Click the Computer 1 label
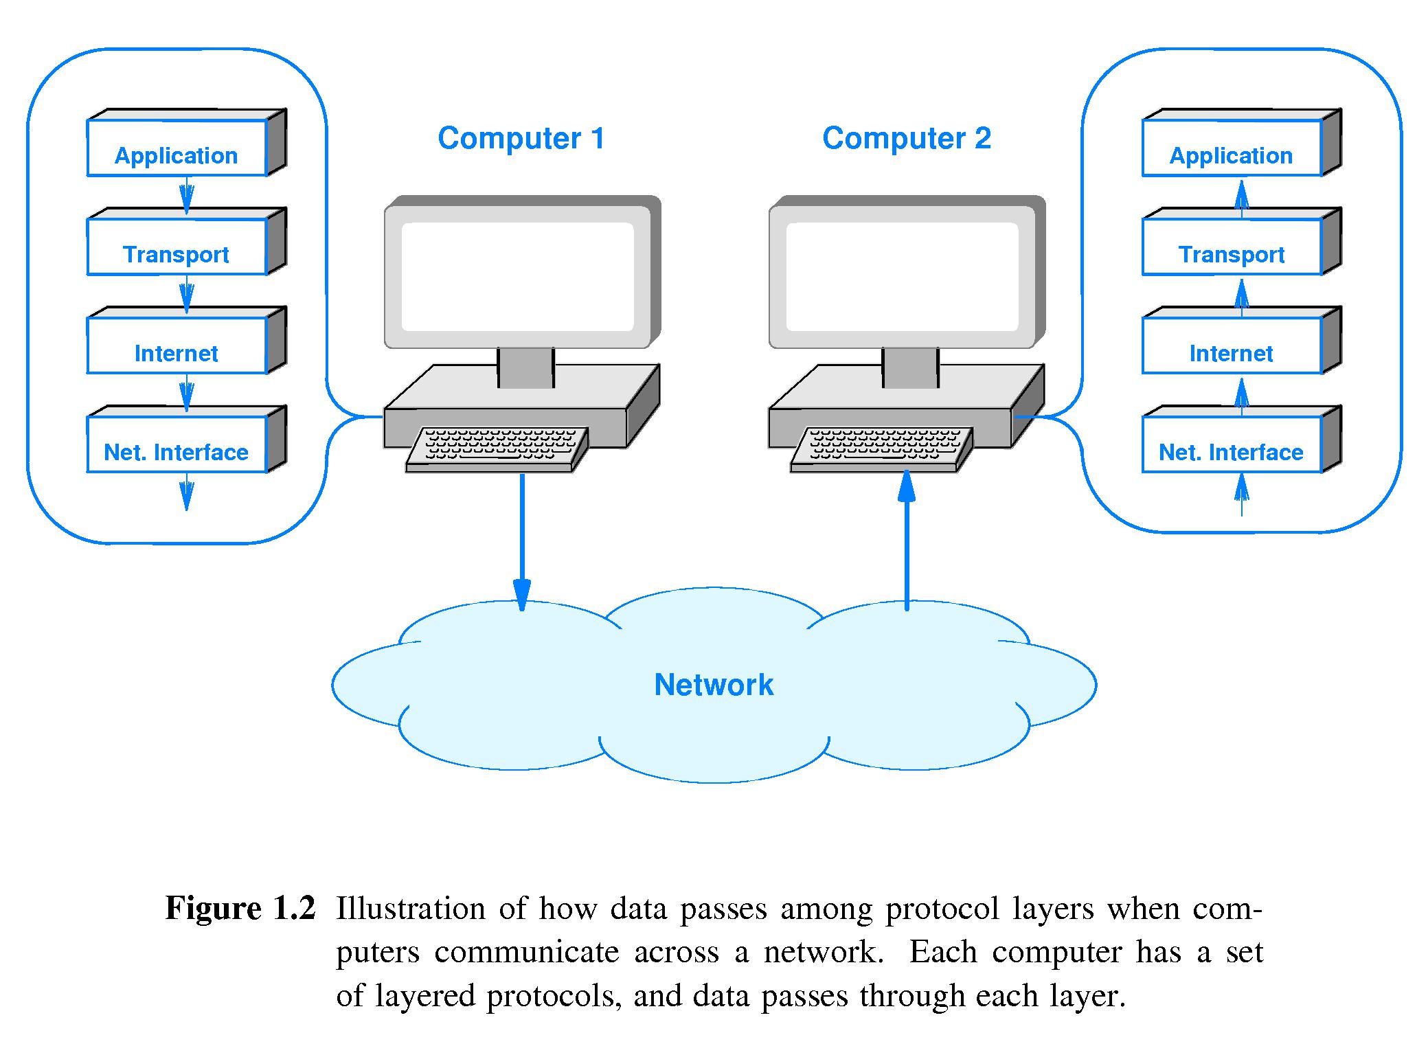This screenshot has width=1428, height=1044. point(521,139)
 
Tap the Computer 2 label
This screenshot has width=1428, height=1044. point(907,139)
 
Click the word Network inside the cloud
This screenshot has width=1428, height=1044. point(714,685)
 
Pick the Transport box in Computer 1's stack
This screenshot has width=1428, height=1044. point(177,248)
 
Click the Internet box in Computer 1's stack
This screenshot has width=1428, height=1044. point(177,347)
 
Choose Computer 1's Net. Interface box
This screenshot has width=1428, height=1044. point(177,446)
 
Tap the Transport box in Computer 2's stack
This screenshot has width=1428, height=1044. point(1232,248)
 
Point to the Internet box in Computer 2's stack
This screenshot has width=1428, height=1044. point(1232,347)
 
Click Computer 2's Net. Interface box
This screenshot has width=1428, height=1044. point(1232,446)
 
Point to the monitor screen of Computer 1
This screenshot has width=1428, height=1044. point(517,276)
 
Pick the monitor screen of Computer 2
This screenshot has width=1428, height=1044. point(902,276)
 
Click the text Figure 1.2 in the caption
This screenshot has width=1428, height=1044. point(240,908)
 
